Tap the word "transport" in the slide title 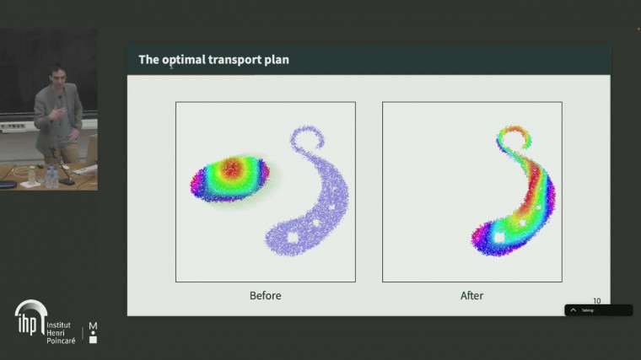tap(235, 60)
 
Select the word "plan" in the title tap(277, 60)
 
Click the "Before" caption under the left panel tap(265, 295)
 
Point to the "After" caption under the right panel tap(471, 295)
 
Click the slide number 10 tap(596, 301)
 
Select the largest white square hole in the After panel tap(499, 239)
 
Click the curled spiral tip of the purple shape tap(300, 138)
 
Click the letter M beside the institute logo tap(93, 325)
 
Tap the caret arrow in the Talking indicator tap(574, 310)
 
